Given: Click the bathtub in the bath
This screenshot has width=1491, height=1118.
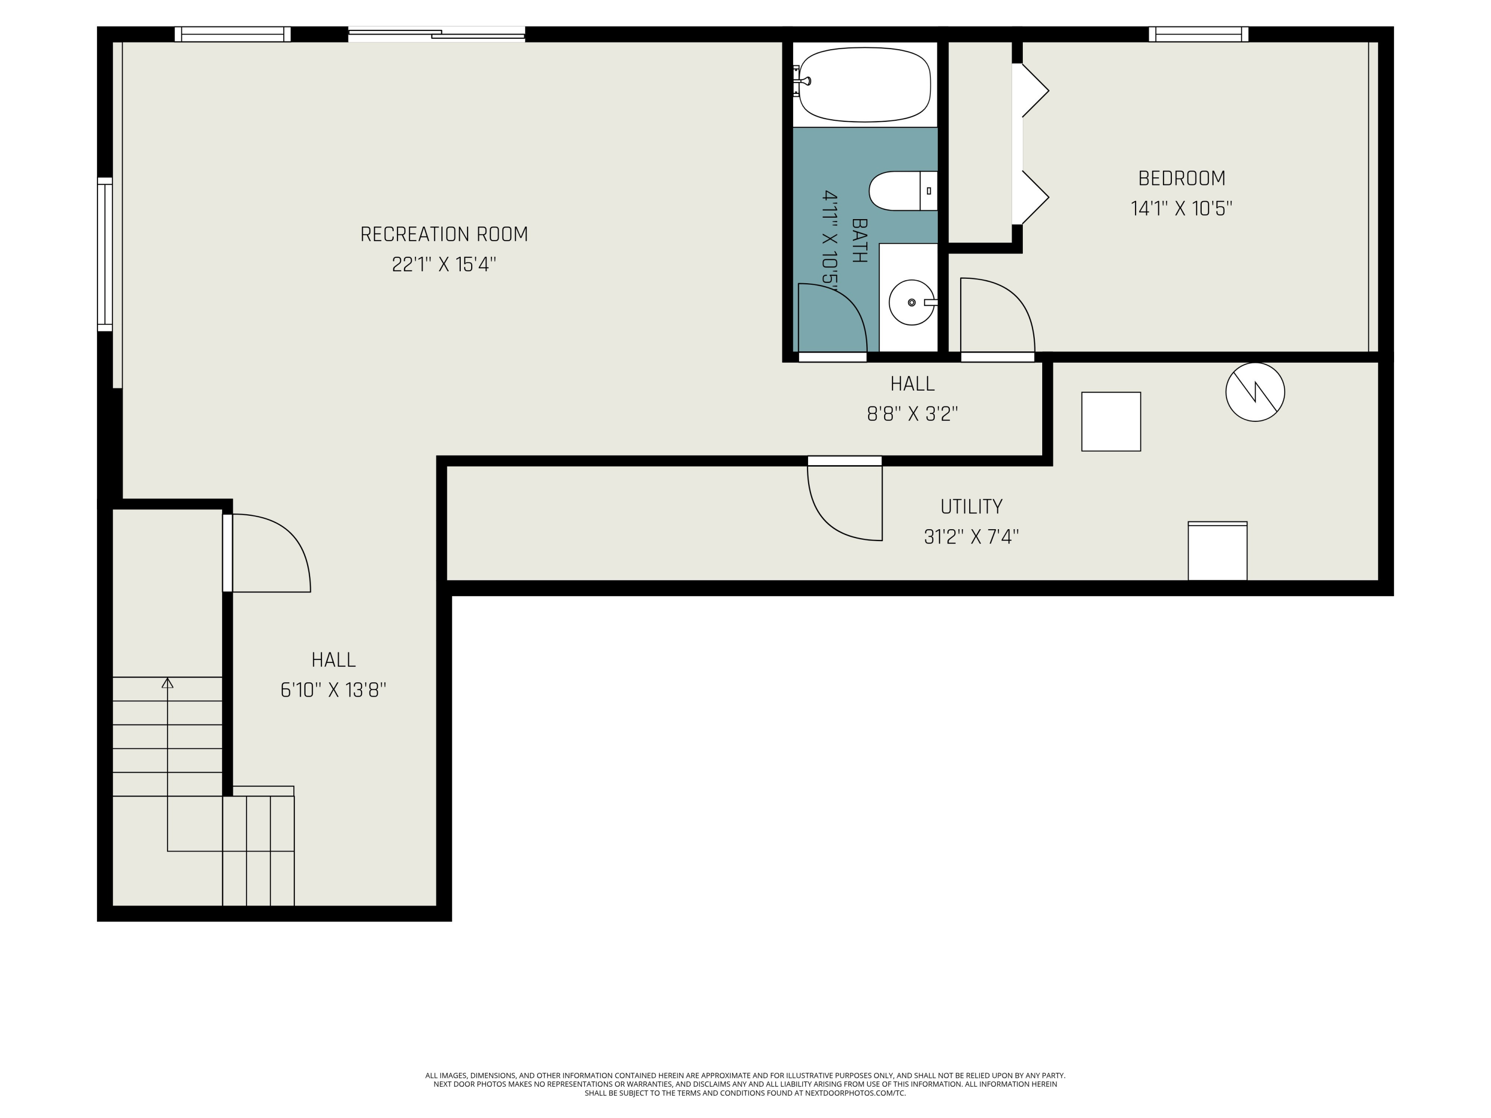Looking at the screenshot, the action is point(864,85).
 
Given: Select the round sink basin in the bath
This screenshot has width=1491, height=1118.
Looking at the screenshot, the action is point(911,303).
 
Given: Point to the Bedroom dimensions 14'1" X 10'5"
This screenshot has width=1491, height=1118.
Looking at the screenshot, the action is point(1181,208).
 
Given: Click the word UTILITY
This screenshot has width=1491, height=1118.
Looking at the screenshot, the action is point(971,507).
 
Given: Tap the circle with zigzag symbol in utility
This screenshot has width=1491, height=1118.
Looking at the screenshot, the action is point(1255,392).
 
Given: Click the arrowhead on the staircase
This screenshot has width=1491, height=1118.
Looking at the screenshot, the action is point(167,683).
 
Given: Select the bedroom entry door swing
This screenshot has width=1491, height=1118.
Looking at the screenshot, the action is point(997,315).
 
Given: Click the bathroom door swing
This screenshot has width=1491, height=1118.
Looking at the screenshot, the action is point(832,318).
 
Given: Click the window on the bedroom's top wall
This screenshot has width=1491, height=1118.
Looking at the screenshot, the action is point(1198,34).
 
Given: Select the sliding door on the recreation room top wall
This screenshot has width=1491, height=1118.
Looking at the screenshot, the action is point(437,34).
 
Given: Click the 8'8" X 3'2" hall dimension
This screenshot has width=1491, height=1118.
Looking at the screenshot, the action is point(912,414).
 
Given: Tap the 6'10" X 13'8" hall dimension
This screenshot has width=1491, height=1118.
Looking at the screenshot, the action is point(333,690).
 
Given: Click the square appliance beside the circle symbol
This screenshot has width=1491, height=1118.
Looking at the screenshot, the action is point(1111,422).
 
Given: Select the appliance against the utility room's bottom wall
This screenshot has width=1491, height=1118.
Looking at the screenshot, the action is point(1217,551).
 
